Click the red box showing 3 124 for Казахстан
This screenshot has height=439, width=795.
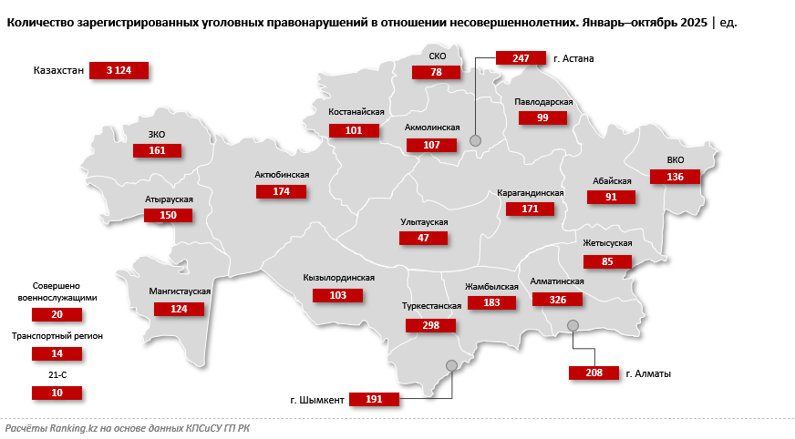(119, 70)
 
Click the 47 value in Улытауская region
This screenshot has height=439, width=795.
(424, 238)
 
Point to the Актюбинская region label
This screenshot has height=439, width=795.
(283, 175)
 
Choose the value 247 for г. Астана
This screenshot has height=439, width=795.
(521, 58)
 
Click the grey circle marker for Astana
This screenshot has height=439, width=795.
(475, 140)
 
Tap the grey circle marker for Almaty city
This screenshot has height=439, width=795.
(573, 325)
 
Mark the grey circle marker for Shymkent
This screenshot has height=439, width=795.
(451, 365)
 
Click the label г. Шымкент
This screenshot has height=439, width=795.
(317, 399)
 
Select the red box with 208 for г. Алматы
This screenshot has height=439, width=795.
(594, 373)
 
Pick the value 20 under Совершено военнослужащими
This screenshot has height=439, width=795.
(57, 314)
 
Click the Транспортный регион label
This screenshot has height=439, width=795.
(57, 336)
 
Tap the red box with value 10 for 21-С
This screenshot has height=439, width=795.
(57, 393)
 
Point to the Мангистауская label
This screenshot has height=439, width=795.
(180, 291)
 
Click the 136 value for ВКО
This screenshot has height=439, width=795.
(675, 177)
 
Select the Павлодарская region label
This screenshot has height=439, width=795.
(543, 102)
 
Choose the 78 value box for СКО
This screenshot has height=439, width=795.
(437, 72)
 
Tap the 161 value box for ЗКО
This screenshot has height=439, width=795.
(157, 150)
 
